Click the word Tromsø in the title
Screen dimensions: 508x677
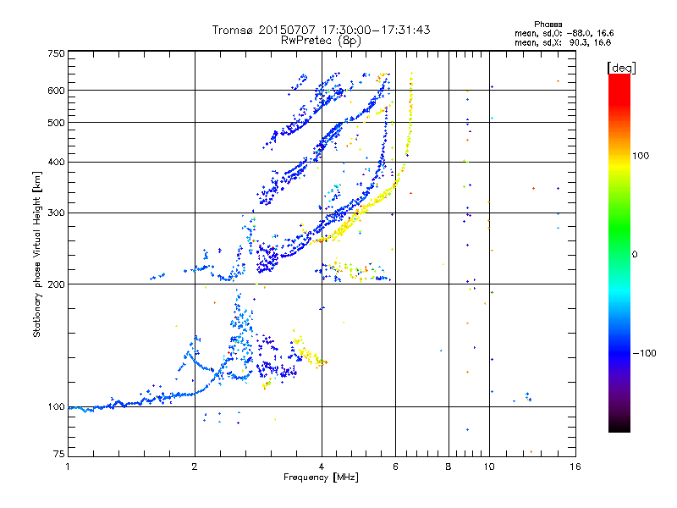coord(233,30)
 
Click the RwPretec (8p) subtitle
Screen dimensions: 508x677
coord(321,40)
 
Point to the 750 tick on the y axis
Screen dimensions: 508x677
coord(56,52)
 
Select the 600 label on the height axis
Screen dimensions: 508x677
coord(56,91)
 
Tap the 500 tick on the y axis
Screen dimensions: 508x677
coord(56,123)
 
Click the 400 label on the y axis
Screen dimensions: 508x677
coord(56,162)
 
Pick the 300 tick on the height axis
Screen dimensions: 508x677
coord(56,213)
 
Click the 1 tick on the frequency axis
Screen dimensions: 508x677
coord(68,467)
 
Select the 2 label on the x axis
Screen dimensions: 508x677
coord(195,467)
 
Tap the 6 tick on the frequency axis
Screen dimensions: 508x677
coord(396,467)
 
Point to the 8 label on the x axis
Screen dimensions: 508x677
coord(449,467)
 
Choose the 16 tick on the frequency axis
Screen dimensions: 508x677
coord(575,467)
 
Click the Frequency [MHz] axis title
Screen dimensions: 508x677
coord(321,478)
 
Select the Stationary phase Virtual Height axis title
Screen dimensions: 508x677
coord(37,254)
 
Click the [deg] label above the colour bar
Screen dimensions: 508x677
coord(621,67)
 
